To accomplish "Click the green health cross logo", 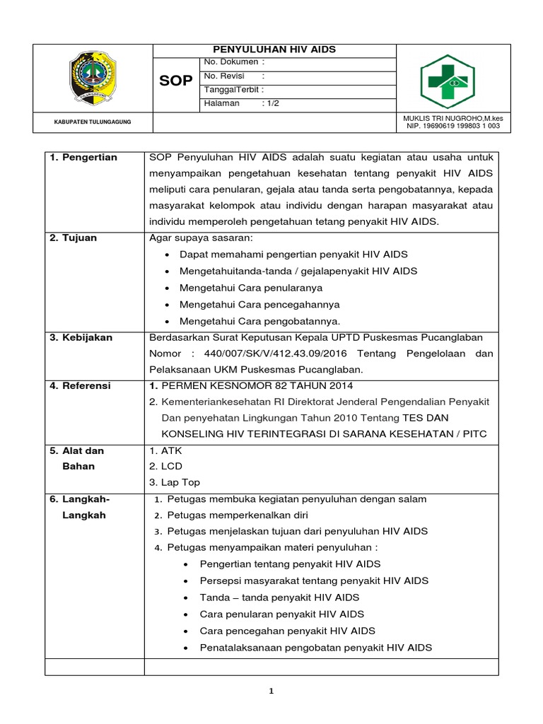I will click(447, 81).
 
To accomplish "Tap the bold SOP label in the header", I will click(175, 81).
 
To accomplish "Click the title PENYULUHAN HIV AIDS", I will click(275, 49).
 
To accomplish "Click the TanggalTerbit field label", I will click(233, 90).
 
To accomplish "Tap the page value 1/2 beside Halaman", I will click(271, 103).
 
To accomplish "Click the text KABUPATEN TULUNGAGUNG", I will click(93, 122).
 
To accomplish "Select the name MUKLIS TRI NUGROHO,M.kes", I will click(452, 117).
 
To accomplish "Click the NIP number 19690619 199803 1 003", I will click(452, 127).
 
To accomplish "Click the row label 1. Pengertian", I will click(83, 157).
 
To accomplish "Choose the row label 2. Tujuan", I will click(74, 238).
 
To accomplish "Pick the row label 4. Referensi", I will click(81, 386).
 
